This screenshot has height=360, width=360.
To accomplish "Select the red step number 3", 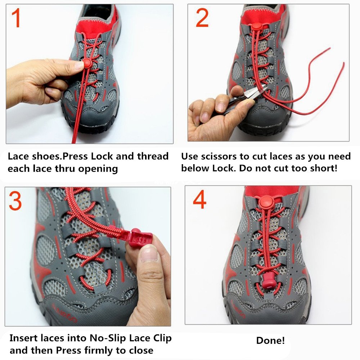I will coord(15,202).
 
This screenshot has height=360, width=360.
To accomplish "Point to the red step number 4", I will coord(199,201).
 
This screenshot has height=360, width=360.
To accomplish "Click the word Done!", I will coord(270,341).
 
